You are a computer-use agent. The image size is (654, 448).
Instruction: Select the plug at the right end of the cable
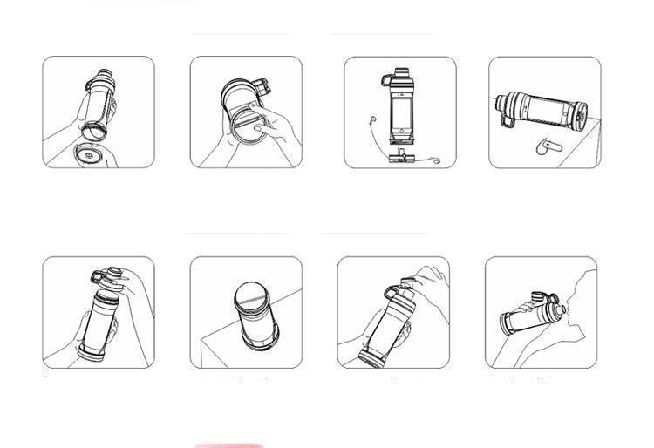[x=436, y=160]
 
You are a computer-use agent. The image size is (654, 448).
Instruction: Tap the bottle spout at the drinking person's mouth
[x=560, y=308]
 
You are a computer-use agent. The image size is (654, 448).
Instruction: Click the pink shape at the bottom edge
[x=228, y=445]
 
